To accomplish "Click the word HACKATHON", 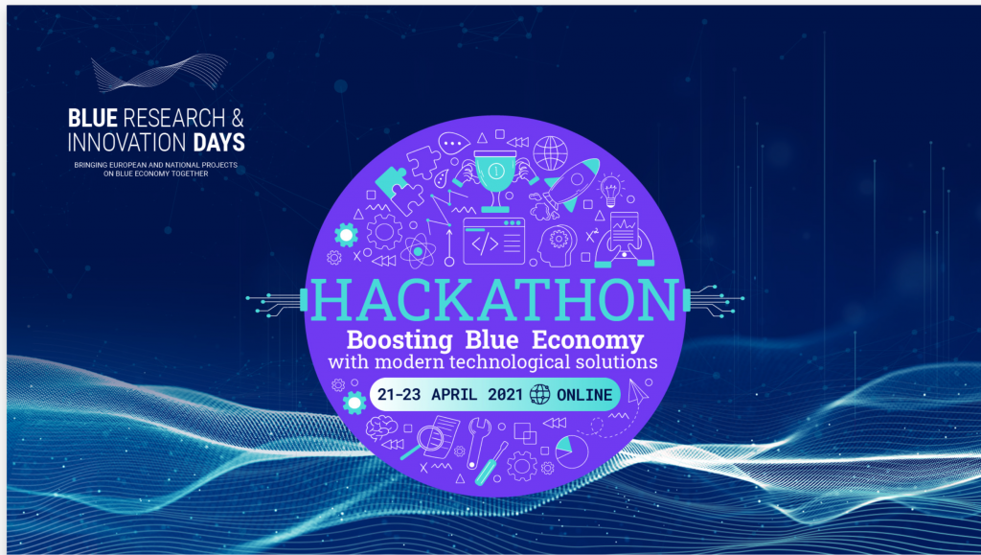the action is [494, 300].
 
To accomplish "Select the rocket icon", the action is [571, 183].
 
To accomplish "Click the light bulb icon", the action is [610, 190].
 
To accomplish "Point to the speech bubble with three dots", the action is [453, 144].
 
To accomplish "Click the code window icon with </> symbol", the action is [493, 241].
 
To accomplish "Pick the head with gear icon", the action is [557, 244].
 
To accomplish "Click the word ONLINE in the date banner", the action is [584, 395].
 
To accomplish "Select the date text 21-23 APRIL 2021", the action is [450, 394].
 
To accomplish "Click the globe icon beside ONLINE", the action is [540, 394].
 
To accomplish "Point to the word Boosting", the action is [399, 341].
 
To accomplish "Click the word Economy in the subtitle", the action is [587, 341].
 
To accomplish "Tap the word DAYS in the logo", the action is [219, 143].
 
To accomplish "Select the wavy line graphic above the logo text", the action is [160, 72].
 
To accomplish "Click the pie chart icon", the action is [571, 451].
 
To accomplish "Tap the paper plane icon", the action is [637, 391].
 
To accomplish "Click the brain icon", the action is [381, 428].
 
